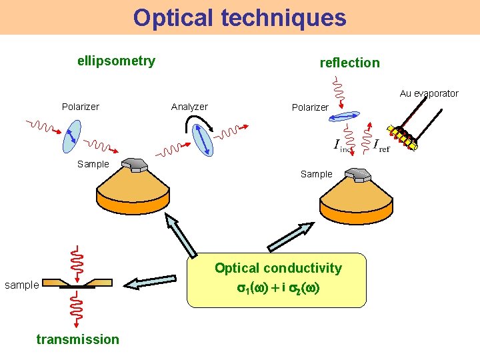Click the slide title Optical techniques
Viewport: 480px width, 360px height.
(239, 17)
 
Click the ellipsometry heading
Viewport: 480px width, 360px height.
(116, 61)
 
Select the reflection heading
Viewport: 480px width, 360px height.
(349, 63)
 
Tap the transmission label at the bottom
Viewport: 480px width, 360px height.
(78, 339)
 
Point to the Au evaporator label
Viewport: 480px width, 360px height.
(429, 93)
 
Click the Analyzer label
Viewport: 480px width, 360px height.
(189, 107)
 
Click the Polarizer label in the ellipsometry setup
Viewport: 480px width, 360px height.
(80, 107)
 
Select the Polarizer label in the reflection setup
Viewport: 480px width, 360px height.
(310, 107)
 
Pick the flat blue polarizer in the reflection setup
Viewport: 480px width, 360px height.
(343, 117)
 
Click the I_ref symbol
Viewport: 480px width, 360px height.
(381, 145)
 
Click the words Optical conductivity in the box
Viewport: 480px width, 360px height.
(277, 268)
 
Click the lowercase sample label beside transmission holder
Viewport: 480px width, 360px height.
(21, 285)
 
